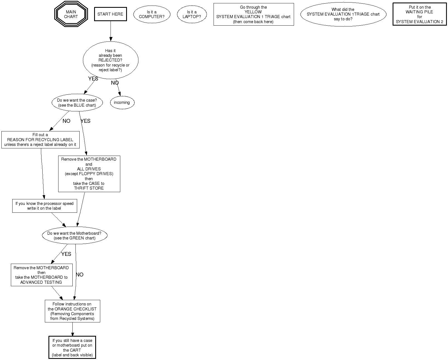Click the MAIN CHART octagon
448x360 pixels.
[71, 14]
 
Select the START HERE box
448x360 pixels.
[110, 14]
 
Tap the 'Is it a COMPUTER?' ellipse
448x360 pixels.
[151, 14]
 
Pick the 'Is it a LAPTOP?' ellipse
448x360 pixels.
[192, 14]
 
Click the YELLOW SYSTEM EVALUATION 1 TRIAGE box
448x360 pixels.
[253, 14]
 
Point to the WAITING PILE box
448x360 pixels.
[420, 14]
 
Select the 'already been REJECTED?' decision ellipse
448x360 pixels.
[110, 60]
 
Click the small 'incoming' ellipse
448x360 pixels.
[122, 102]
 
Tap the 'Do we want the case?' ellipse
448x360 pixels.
[77, 103]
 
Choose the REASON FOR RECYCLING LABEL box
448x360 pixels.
[40, 140]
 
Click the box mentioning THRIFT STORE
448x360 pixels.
[89, 174]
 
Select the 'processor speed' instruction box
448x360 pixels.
[44, 206]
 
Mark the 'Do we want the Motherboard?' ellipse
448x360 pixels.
[74, 236]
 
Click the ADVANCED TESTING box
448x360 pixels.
[41, 275]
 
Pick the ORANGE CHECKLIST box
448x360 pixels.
[72, 311]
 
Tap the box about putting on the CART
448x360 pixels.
[72, 348]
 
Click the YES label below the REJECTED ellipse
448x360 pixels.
[93, 79]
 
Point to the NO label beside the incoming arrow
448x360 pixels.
[115, 83]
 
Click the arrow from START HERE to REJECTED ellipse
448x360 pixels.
[111, 31]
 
